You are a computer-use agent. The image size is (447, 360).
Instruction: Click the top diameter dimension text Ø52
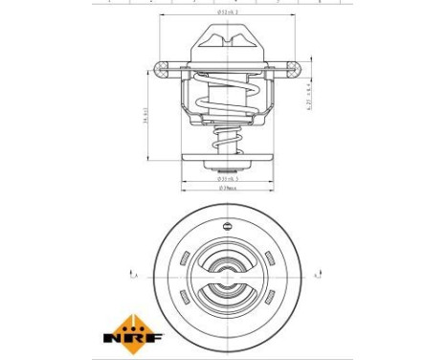pyautogui.click(x=228, y=12)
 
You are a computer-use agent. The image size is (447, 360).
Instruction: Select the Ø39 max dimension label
pyautogui.click(x=227, y=188)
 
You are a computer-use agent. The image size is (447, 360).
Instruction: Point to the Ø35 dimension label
pyautogui.click(x=227, y=178)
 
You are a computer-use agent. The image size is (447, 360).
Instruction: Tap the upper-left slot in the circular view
pyautogui.click(x=183, y=256)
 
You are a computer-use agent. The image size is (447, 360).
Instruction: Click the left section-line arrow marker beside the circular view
pyautogui.click(x=130, y=275)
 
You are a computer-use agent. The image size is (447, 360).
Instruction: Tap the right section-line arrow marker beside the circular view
pyautogui.click(x=324, y=275)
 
